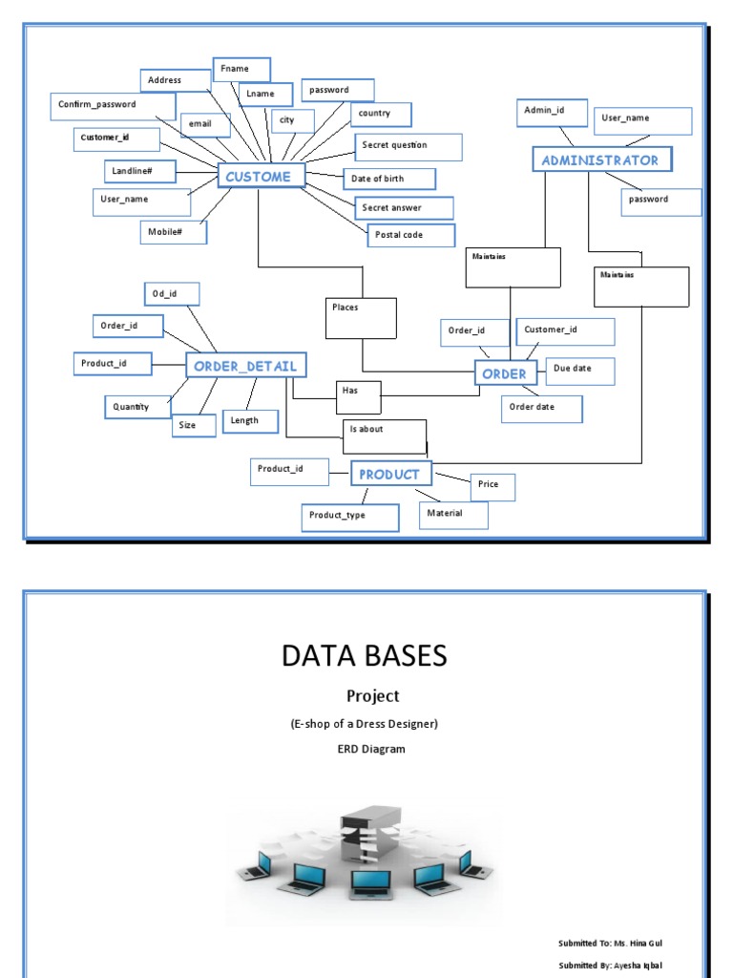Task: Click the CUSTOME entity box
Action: [262, 176]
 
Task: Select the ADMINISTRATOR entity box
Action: [601, 159]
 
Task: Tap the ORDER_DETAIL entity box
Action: [246, 365]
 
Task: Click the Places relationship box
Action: [361, 318]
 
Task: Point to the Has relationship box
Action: [358, 396]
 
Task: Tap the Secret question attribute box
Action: [408, 146]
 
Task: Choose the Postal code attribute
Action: [411, 235]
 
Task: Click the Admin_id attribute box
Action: [545, 112]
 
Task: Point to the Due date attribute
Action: [579, 371]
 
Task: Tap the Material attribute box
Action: [453, 515]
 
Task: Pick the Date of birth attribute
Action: [388, 179]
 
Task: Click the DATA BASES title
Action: [365, 655]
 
